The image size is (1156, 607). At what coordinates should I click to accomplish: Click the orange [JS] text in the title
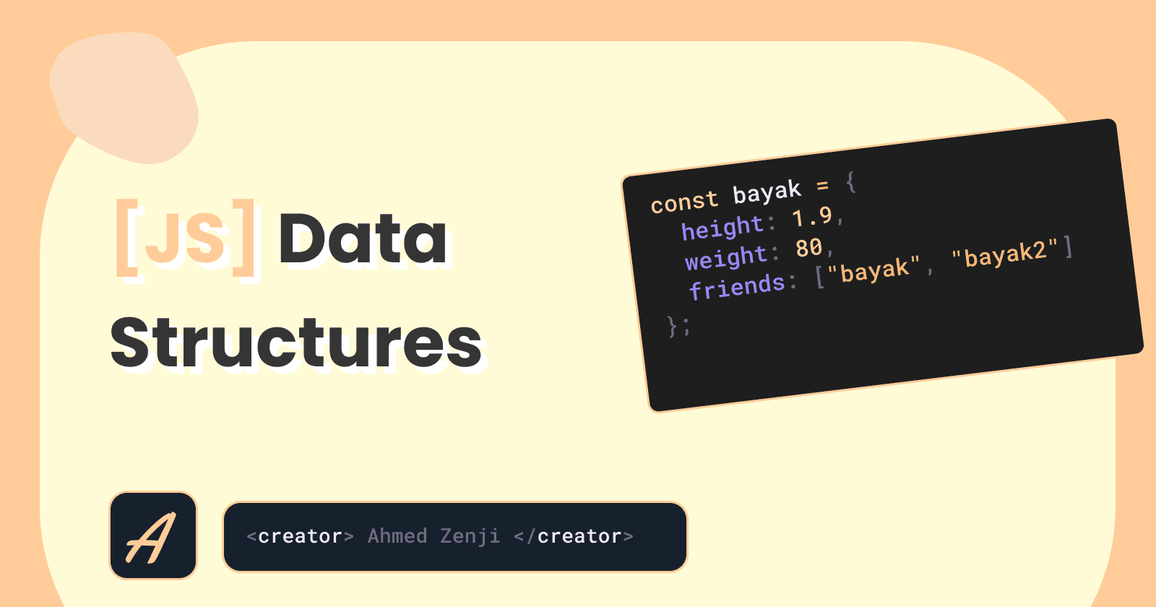(185, 238)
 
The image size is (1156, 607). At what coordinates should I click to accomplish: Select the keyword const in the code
(684, 202)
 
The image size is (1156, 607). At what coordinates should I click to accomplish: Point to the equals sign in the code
(823, 185)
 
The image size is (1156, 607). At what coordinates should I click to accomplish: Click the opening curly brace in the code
(851, 182)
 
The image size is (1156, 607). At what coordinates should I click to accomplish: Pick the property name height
(722, 227)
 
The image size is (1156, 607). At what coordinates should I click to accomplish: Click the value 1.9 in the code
(812, 217)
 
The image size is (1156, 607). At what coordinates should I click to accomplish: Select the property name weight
(726, 257)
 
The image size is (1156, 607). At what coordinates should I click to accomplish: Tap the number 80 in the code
(808, 248)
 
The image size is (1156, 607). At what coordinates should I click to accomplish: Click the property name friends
(738, 286)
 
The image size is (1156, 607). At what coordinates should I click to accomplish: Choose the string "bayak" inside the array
(874, 269)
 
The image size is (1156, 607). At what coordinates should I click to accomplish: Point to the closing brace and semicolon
(678, 326)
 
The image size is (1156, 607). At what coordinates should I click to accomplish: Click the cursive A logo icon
(153, 535)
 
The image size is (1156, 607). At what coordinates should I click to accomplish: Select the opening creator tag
(301, 536)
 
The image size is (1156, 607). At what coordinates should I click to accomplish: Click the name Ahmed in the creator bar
(397, 536)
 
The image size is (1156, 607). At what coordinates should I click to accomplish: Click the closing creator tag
(574, 536)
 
